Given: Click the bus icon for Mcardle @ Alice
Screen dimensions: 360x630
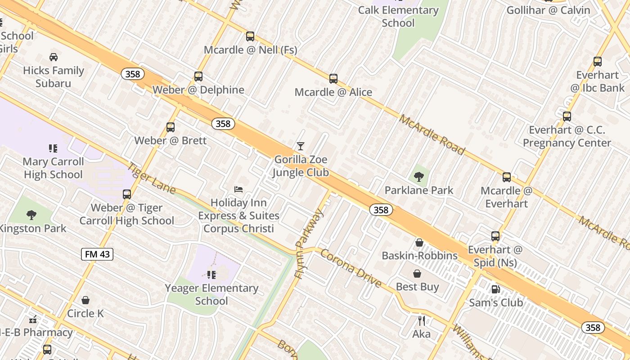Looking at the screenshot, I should [x=333, y=79].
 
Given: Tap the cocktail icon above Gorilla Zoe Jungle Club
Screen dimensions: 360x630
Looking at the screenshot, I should [x=301, y=146].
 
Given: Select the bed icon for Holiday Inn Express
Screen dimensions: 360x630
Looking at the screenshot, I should [x=238, y=189].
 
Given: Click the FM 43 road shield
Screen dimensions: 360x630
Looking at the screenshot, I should [x=97, y=254].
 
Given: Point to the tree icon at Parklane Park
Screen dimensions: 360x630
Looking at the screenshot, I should [x=419, y=176].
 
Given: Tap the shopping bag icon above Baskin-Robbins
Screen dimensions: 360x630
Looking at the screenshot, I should [x=419, y=243].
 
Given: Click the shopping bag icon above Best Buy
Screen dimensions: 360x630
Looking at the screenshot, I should [x=417, y=274].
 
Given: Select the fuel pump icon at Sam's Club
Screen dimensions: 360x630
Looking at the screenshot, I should [x=495, y=289].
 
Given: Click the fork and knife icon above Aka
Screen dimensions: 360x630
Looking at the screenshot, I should [x=421, y=320].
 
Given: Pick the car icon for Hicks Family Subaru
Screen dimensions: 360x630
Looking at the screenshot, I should [x=54, y=57].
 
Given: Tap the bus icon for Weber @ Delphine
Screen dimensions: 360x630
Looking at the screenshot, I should [x=198, y=76].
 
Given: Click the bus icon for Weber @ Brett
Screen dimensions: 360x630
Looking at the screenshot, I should [x=170, y=127].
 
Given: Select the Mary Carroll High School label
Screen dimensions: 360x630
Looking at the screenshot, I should [x=53, y=168].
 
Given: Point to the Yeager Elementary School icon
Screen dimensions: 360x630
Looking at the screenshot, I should [x=211, y=274].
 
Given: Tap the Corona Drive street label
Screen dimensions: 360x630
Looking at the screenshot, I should [x=351, y=268].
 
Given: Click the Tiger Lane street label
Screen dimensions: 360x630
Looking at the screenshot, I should [x=151, y=178].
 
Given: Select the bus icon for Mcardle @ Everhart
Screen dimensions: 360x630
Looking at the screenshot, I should [x=507, y=177].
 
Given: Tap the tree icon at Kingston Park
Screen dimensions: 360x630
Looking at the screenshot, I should [x=31, y=215].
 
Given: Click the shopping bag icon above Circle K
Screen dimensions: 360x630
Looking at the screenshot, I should [x=85, y=300].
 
